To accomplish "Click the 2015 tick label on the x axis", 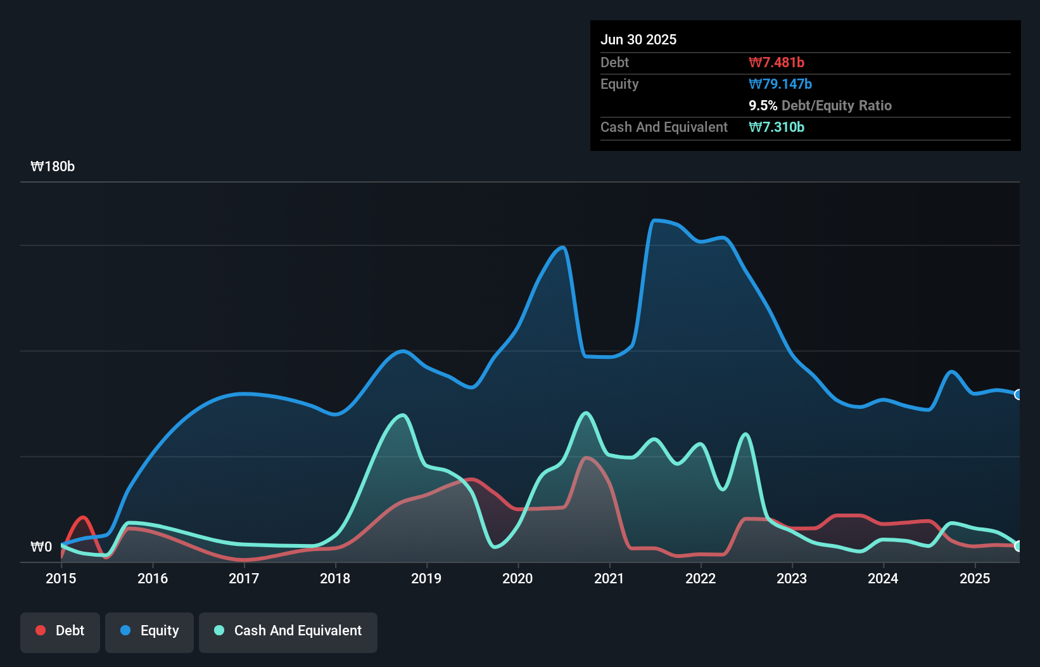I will pos(61,578).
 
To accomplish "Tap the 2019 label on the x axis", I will pos(426,578).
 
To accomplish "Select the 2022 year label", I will pos(701,578).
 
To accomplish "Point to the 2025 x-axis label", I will pos(975,578).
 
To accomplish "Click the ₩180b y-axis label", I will pos(53,167).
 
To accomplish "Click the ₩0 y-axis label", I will pos(41,547).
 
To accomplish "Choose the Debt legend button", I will pos(60,631).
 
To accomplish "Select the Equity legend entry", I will pos(149,631).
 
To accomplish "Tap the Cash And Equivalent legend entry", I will pos(288,631).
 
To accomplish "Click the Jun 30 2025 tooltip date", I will pos(638,39).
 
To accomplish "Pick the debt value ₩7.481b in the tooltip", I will pos(777,62).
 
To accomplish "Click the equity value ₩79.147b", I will pos(780,84).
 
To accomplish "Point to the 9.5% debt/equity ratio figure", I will pos(763,105).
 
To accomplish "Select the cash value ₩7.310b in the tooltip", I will pos(777,127).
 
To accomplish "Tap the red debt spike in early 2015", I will pos(83,517).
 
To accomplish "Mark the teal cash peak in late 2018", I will pos(402,415).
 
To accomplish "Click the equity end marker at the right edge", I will pos(1018,394).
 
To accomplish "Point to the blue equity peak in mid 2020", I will pos(562,247).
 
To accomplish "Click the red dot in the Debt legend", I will pos(41,630).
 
